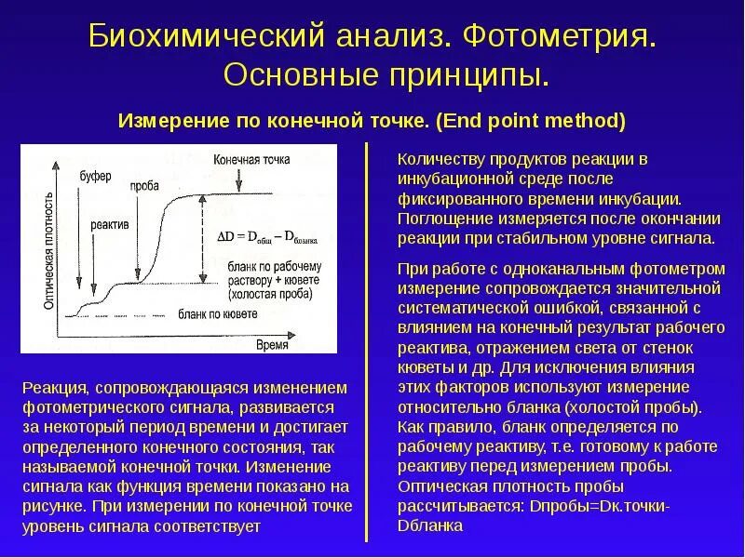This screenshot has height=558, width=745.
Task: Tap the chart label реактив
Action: [x=109, y=225]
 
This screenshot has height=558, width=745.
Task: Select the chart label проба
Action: [x=144, y=186]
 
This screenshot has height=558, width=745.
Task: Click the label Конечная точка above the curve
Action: [x=251, y=159]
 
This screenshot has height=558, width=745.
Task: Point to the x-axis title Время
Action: [x=274, y=345]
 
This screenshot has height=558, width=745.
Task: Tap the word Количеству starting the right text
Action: [x=435, y=158]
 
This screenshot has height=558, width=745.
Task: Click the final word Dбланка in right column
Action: [x=429, y=525]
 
